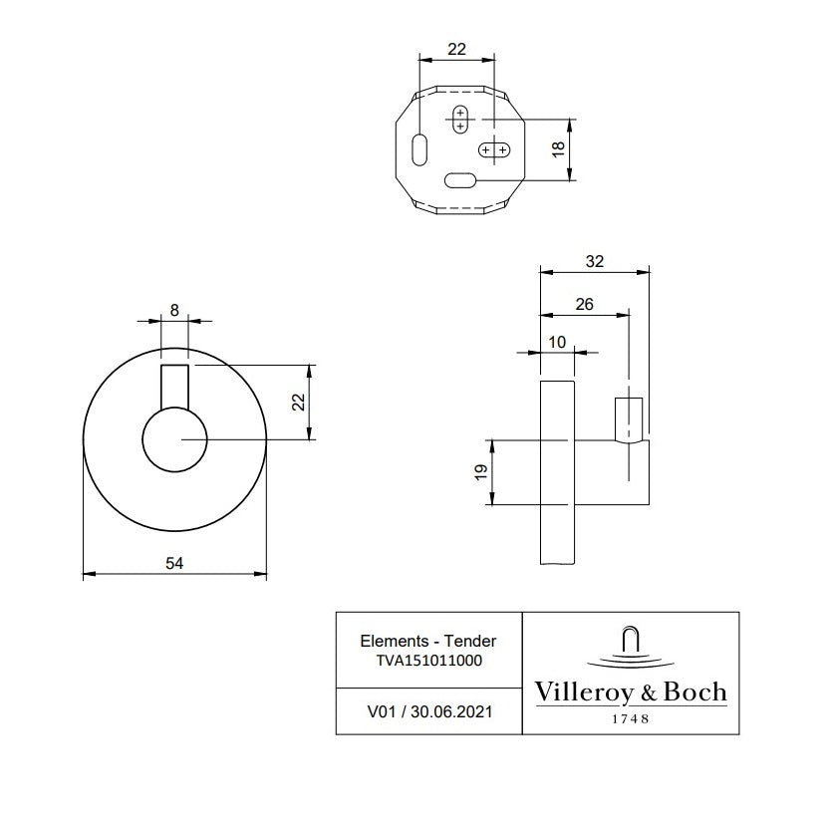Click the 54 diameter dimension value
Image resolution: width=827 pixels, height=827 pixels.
click(174, 563)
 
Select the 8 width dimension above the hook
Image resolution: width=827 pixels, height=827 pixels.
click(174, 310)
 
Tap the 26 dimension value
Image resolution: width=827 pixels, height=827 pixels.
click(585, 304)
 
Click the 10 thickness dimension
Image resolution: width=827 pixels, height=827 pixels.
click(556, 342)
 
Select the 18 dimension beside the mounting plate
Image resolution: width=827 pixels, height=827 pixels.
click(558, 148)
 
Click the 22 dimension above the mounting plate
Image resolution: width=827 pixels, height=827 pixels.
click(457, 48)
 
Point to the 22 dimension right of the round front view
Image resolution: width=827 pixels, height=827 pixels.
click(296, 402)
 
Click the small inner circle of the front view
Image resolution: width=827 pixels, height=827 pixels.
click(174, 440)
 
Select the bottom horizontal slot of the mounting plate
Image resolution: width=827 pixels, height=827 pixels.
click(461, 180)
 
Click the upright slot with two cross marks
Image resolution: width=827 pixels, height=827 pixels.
click(460, 120)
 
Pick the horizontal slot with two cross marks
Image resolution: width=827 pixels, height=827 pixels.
click(494, 150)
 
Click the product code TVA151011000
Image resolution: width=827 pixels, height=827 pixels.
click(428, 660)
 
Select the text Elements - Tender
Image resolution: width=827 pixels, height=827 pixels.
click(428, 641)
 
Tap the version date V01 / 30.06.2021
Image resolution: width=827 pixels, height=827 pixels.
click(428, 711)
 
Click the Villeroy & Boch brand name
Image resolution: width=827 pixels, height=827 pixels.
click(631, 692)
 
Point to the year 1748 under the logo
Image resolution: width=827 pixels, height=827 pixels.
click(631, 718)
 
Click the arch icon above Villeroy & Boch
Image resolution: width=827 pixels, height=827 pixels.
click(631, 639)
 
